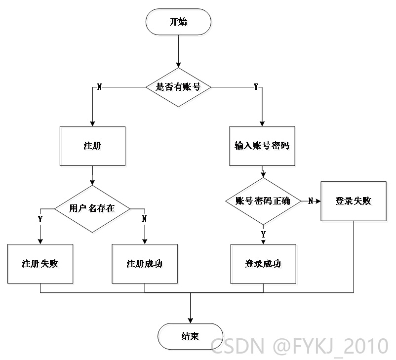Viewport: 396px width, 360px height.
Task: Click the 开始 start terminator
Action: coord(178,22)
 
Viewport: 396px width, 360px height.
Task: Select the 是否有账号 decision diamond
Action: coord(178,87)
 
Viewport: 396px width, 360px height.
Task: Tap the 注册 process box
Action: coord(92,146)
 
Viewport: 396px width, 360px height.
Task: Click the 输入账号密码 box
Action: coord(262,146)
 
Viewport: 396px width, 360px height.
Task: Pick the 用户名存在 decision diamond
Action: coord(92,209)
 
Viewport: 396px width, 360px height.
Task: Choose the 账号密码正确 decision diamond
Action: coord(263,201)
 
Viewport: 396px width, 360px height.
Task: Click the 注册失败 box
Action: coord(40,264)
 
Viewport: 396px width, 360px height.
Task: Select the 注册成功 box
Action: coord(145,264)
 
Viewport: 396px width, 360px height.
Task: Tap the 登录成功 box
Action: coord(263,264)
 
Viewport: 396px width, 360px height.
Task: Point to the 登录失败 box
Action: coord(354,201)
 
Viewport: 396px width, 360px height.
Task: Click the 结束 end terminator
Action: coord(191,336)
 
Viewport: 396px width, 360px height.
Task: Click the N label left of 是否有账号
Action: coord(99,87)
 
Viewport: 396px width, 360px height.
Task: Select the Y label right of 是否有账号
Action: coord(256,87)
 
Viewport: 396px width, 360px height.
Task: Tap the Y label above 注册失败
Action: coord(40,219)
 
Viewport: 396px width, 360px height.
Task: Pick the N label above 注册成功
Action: coord(144,219)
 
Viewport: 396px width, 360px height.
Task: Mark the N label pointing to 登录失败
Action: coord(311,201)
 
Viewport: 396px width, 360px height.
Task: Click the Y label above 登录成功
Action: coord(263,234)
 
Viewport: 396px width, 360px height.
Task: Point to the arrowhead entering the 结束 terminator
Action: coord(191,320)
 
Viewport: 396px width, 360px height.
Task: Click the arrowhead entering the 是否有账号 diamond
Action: coord(178,65)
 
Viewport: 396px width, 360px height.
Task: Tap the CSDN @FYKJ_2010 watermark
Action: coord(299,346)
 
